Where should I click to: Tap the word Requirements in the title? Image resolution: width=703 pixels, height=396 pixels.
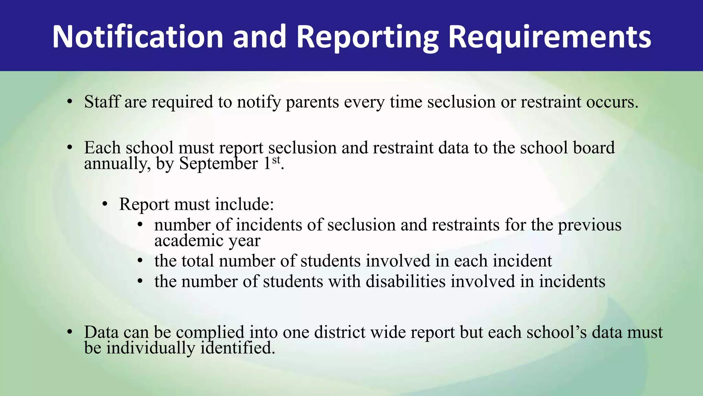[550, 37]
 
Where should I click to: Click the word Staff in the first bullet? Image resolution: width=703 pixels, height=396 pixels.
[102, 102]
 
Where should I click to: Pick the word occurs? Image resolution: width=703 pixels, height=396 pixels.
[612, 102]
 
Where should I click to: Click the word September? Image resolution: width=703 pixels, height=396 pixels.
[218, 164]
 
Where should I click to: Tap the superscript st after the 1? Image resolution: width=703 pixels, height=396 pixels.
[276, 160]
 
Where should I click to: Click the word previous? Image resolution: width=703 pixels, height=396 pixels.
[589, 225]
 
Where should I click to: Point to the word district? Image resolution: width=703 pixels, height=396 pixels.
[340, 332]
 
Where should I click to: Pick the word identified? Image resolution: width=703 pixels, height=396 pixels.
[238, 348]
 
